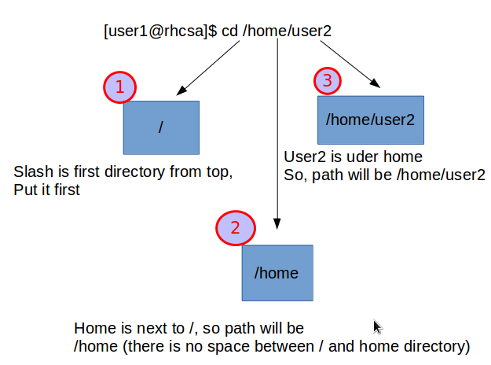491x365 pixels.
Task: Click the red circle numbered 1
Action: [x=120, y=87]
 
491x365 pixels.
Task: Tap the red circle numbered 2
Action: [x=236, y=228]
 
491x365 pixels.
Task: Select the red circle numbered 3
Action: [x=328, y=81]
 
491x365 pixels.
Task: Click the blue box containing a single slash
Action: [x=161, y=127]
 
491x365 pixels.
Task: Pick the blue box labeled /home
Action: [x=277, y=273]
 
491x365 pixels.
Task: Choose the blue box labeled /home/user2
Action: [x=371, y=120]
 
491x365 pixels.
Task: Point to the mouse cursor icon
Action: [x=378, y=326]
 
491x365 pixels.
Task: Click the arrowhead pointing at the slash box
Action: [x=181, y=90]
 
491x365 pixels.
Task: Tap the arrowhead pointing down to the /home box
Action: [x=277, y=224]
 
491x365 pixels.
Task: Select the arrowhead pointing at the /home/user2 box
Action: [x=376, y=83]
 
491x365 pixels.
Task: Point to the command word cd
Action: [x=229, y=31]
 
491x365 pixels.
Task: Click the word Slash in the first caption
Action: [x=34, y=171]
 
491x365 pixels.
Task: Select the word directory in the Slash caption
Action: [x=134, y=172]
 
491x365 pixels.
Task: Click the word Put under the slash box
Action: [x=24, y=190]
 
